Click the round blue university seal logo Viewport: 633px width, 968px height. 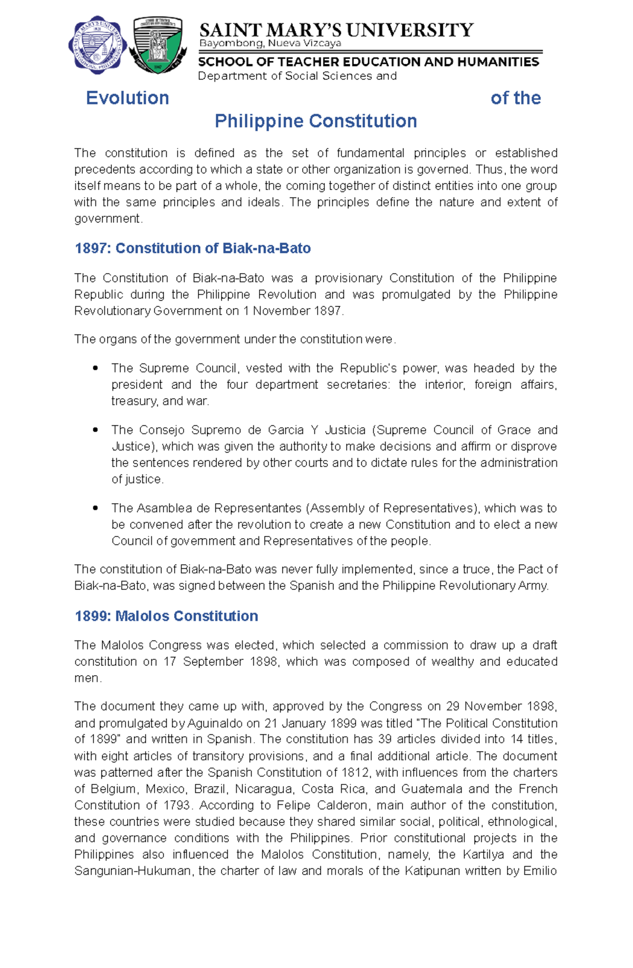[x=98, y=45]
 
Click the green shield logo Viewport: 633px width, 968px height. [x=158, y=45]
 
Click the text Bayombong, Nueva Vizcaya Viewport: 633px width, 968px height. [x=270, y=43]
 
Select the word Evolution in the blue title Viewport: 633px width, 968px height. [x=127, y=98]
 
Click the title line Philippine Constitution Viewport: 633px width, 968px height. [x=315, y=121]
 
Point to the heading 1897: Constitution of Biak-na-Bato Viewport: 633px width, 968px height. [x=193, y=248]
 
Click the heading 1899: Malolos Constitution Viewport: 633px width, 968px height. [x=166, y=616]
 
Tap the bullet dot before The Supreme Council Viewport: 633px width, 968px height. [x=95, y=368]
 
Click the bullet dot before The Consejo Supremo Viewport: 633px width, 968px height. [x=95, y=430]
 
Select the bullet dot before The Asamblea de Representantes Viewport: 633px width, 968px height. [x=95, y=508]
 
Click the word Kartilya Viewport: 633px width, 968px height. [x=483, y=855]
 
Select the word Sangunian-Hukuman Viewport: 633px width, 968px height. [x=132, y=871]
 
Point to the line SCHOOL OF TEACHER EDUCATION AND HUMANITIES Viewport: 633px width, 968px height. [x=368, y=62]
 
